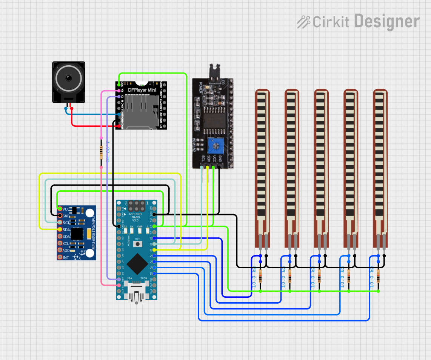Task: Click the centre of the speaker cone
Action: coord(68,78)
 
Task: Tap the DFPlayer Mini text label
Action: coord(141,90)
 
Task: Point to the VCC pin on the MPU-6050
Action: coord(60,209)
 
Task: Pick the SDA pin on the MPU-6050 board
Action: coord(60,229)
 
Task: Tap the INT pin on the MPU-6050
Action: coord(60,257)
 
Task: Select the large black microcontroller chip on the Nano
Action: coord(137,263)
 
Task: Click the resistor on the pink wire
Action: coord(101,152)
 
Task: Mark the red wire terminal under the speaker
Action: coord(72,109)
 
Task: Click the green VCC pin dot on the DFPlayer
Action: coord(119,85)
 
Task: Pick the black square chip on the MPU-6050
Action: coord(77,234)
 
